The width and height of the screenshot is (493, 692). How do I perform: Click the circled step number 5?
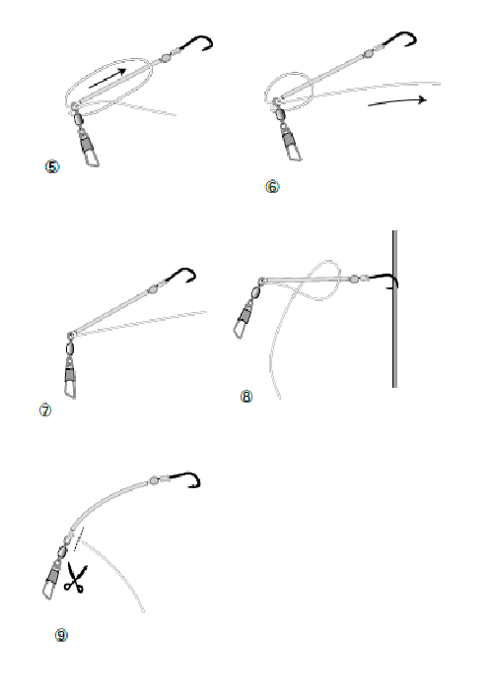click(x=52, y=166)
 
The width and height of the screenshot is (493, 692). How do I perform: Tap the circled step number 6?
click(x=272, y=187)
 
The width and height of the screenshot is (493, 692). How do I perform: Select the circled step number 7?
click(x=45, y=410)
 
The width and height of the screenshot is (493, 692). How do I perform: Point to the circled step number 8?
click(x=246, y=397)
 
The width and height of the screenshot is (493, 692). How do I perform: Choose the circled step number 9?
click(x=61, y=636)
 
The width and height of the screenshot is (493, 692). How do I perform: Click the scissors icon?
click(x=75, y=578)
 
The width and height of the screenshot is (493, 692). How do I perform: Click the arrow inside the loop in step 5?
click(x=107, y=78)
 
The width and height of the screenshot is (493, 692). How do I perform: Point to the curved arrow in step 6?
click(x=397, y=101)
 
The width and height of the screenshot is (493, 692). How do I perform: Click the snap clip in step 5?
click(x=89, y=147)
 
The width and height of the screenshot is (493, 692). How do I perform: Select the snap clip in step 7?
click(x=70, y=378)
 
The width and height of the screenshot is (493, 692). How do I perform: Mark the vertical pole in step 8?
click(x=394, y=309)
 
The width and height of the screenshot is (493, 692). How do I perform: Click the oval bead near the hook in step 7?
click(x=153, y=289)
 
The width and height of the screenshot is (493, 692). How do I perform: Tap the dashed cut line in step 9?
click(x=78, y=538)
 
